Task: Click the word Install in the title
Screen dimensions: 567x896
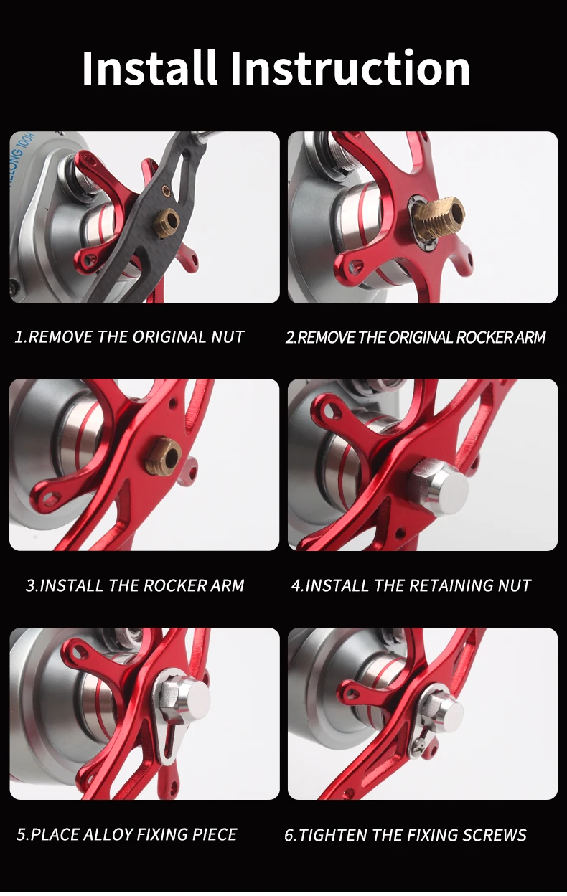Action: point(150,67)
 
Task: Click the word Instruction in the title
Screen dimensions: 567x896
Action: point(350,67)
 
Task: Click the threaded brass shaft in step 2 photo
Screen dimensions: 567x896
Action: point(439,218)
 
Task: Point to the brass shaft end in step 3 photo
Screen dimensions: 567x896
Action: point(164,456)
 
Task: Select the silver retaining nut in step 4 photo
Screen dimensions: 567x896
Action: point(441,487)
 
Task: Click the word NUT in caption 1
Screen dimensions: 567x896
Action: point(228,336)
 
